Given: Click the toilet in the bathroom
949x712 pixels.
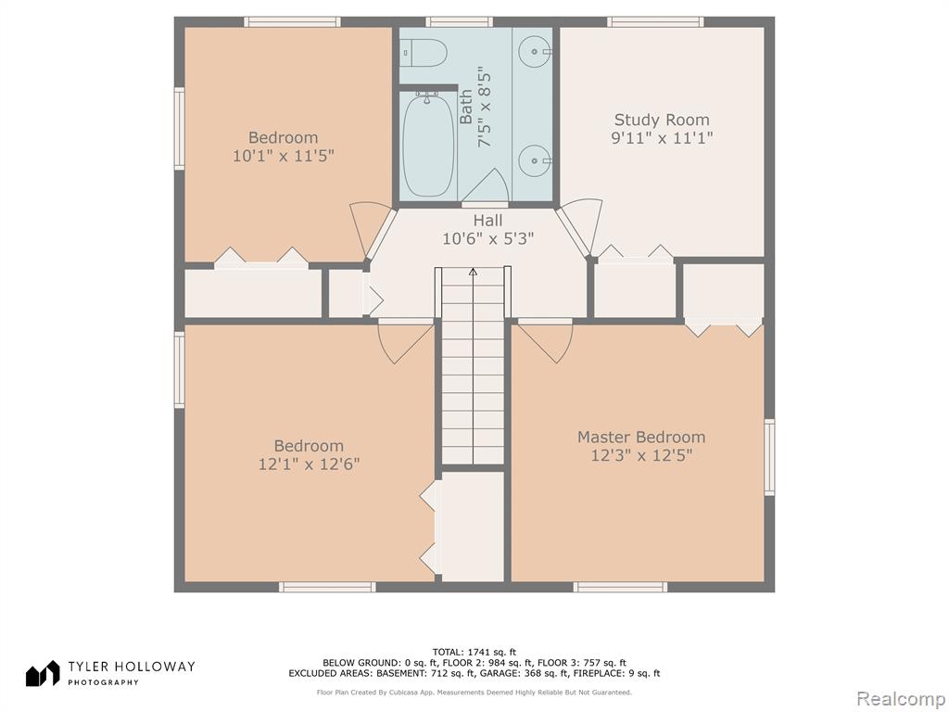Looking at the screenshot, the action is pos(424,53).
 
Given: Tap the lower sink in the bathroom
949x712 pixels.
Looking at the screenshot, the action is pos(535,160).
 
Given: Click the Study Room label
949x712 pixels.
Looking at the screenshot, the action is pos(662,120).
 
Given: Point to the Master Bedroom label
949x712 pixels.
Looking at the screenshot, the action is pos(641,438).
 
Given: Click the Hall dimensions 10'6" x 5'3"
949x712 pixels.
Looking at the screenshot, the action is pos(487,239).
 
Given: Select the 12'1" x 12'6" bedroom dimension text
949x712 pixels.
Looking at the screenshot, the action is pos(309,464).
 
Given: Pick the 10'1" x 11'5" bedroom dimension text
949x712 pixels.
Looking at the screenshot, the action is pos(284,156).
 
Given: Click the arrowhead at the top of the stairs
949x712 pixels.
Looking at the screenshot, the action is pos(473,272).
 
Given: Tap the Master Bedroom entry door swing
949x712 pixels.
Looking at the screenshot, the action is pos(545,343).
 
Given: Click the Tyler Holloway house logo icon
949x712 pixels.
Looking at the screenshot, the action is pos(43,673).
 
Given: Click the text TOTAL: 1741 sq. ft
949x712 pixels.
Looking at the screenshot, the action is pos(474,652).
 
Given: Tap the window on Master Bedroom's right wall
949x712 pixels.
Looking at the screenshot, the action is pos(769,457).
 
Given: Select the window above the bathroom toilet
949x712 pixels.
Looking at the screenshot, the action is pos(459,22).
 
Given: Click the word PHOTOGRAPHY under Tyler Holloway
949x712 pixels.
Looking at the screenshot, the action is pos(103,682).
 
